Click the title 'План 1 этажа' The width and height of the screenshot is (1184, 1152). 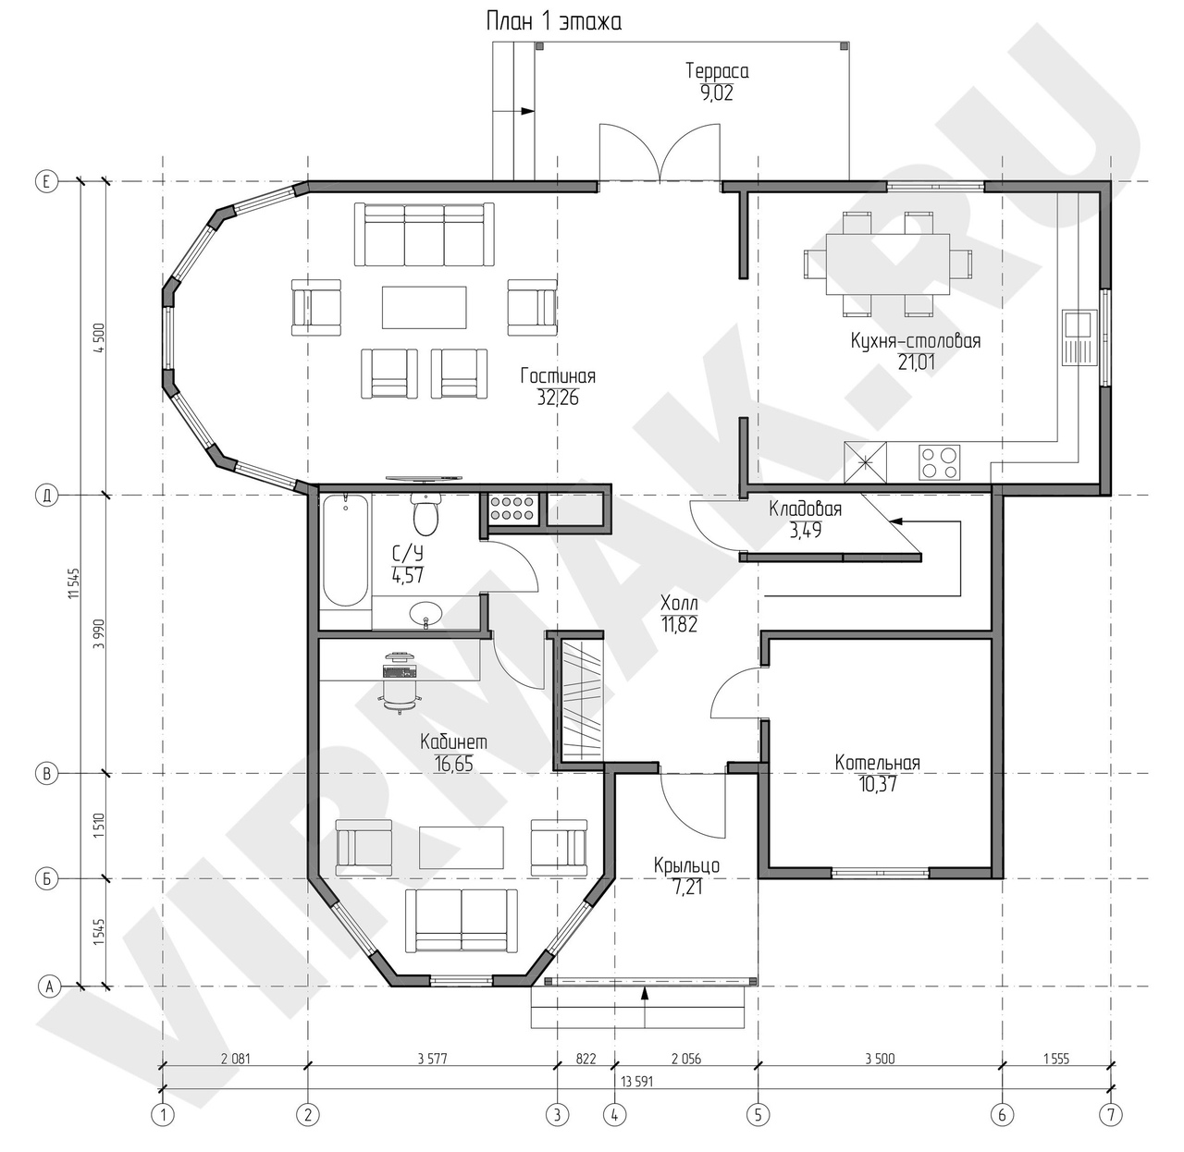tap(554, 22)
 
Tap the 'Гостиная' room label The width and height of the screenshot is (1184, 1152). tap(558, 376)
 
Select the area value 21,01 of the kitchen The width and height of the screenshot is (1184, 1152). tap(917, 362)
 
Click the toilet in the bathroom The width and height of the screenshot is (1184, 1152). tap(425, 515)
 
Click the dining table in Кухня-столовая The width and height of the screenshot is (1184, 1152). tap(888, 264)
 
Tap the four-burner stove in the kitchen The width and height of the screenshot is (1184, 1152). tap(940, 463)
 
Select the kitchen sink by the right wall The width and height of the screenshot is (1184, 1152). tap(1079, 337)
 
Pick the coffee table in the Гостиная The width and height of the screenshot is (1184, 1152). tap(424, 307)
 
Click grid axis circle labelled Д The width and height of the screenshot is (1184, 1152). tap(47, 496)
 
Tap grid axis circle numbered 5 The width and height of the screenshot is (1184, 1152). tap(758, 1115)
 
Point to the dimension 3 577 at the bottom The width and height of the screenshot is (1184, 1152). tap(432, 1059)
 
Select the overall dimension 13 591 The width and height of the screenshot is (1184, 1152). tap(636, 1082)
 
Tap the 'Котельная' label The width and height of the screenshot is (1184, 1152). tap(877, 763)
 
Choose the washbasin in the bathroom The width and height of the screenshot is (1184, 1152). tap(425, 614)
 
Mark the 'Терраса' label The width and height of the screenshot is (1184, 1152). tap(717, 71)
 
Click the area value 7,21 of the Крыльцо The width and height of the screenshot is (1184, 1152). tap(687, 888)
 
